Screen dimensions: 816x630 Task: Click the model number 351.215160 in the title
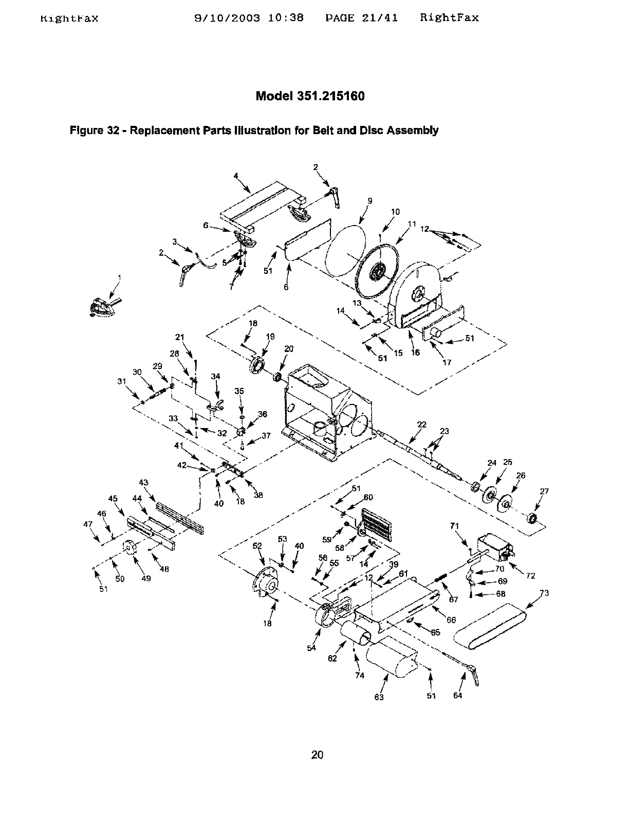pyautogui.click(x=330, y=96)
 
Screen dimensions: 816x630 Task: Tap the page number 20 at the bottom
pyautogui.click(x=317, y=755)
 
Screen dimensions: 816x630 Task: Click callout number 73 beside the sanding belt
pyautogui.click(x=544, y=594)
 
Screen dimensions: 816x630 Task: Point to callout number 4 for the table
pyautogui.click(x=236, y=175)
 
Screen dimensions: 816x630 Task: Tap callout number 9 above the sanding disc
pyautogui.click(x=369, y=201)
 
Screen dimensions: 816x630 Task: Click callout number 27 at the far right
pyautogui.click(x=544, y=491)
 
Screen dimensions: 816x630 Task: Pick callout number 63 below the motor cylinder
pyautogui.click(x=379, y=697)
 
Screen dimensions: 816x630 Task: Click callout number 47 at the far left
pyautogui.click(x=87, y=524)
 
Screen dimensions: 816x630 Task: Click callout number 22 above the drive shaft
pyautogui.click(x=422, y=424)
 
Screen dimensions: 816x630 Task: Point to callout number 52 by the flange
pyautogui.click(x=257, y=546)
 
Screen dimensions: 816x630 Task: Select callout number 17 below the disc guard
pyautogui.click(x=447, y=362)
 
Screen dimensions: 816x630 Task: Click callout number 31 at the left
pyautogui.click(x=121, y=381)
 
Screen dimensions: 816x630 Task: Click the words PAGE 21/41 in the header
pyautogui.click(x=362, y=18)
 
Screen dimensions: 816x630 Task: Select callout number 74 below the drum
pyautogui.click(x=360, y=676)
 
